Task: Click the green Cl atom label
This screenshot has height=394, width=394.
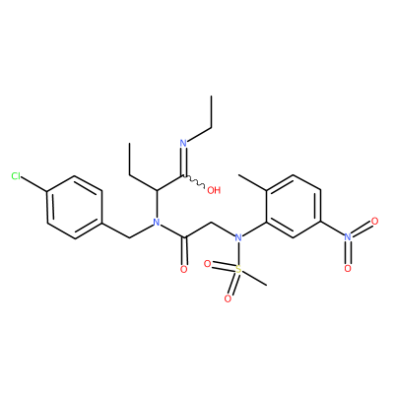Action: [16, 176]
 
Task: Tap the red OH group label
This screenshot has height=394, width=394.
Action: [214, 190]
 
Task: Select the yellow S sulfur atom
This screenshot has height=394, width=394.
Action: [238, 270]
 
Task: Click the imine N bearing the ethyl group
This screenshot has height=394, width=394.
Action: [183, 144]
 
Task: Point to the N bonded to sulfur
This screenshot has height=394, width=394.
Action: [238, 237]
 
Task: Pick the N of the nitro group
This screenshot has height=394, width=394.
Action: [348, 236]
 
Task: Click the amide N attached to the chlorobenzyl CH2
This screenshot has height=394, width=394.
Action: [157, 223]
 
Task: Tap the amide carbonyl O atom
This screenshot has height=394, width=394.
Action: [184, 269]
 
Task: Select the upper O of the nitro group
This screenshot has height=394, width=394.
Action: [374, 221]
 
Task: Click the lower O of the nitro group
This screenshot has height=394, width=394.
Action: [348, 268]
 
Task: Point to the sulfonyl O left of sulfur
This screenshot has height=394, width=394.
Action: [207, 263]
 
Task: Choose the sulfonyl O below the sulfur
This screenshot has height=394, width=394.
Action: [228, 298]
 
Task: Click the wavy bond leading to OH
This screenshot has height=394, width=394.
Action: [194, 182]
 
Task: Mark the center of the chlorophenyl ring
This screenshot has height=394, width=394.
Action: [75, 208]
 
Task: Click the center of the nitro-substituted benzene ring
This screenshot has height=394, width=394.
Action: [294, 206]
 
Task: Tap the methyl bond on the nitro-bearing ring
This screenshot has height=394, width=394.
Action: [252, 183]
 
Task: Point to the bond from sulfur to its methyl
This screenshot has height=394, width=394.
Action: [254, 278]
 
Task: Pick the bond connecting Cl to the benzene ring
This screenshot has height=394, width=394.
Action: [34, 184]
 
